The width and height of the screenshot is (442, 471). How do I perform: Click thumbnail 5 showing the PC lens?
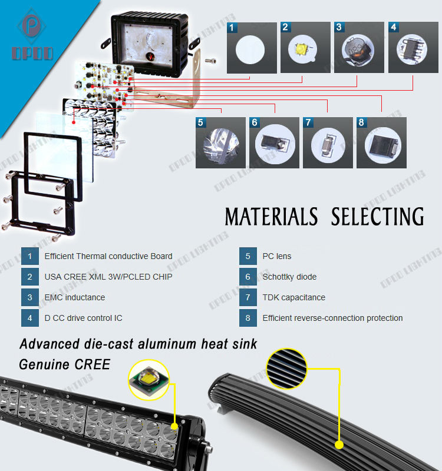click(x=220, y=143)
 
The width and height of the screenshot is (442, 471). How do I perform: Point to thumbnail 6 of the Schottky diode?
click(x=274, y=143)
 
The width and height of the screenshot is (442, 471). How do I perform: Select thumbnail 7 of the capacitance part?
click(x=327, y=143)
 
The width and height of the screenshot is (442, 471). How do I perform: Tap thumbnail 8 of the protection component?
click(x=381, y=143)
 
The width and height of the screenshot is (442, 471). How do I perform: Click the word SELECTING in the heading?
click(x=377, y=217)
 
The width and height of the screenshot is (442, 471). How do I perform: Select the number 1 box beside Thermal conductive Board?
click(x=29, y=256)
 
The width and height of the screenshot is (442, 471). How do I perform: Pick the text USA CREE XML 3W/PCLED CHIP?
click(x=108, y=277)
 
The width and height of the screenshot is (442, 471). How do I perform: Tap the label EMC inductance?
click(x=75, y=297)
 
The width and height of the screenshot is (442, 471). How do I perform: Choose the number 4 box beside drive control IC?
click(x=29, y=318)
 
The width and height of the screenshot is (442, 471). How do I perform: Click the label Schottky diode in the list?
click(x=289, y=277)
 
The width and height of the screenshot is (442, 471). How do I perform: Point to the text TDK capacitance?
click(x=294, y=297)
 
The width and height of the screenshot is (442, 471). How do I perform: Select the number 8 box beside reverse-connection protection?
click(x=248, y=318)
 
